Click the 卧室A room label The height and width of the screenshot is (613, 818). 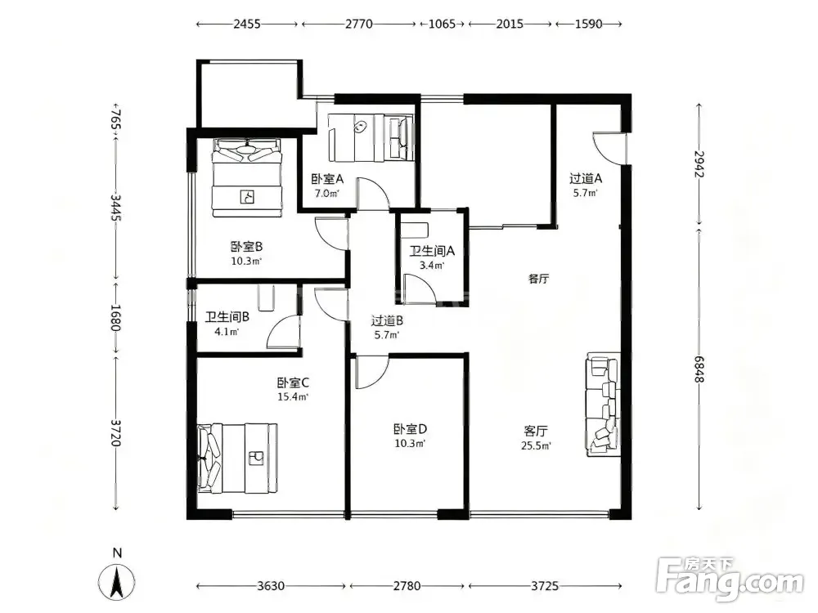(x=327, y=179)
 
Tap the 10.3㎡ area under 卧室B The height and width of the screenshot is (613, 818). (x=246, y=262)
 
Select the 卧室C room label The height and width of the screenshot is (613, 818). (x=293, y=383)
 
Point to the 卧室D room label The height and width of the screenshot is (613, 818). (x=410, y=429)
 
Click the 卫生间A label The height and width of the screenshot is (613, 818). (x=432, y=251)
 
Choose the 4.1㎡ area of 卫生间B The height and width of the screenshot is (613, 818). (x=227, y=332)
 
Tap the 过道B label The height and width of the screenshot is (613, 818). (x=387, y=321)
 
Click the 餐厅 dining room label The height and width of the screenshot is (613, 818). (x=538, y=279)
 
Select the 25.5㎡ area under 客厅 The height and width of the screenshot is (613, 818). (x=536, y=445)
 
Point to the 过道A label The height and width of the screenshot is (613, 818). (x=586, y=179)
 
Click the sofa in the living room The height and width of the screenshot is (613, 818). (x=604, y=405)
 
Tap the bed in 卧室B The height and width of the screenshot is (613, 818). (x=247, y=177)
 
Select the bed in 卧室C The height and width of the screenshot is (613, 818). (x=237, y=459)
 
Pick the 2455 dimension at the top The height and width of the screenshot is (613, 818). (x=247, y=24)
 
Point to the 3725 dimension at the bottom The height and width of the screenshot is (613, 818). (x=545, y=586)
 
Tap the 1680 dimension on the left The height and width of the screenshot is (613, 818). (x=116, y=317)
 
